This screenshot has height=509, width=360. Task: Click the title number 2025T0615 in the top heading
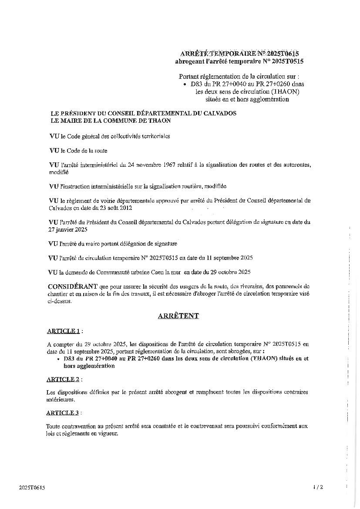click(284, 54)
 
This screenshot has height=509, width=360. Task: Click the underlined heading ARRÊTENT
click(178, 316)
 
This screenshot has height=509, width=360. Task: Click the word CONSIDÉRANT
click(73, 287)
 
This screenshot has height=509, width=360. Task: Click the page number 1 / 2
click(318, 487)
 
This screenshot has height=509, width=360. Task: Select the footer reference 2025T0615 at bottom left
click(32, 488)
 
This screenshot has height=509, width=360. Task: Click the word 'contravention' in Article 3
click(79, 426)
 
